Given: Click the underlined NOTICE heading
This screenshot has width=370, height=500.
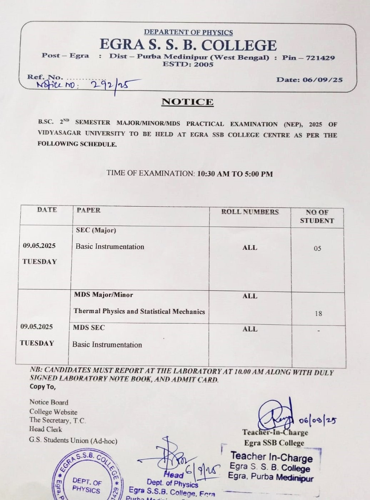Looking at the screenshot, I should point(187,102).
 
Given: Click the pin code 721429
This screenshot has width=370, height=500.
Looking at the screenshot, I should point(320,58).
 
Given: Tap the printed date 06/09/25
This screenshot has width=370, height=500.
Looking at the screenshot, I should point(322,80).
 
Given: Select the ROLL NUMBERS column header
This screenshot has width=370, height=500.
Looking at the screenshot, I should point(250,212).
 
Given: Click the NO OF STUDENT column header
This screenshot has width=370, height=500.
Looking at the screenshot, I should point(317,217).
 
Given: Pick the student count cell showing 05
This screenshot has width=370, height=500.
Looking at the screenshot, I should point(317,248).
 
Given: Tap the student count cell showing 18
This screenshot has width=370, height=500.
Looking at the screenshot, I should point(318,314).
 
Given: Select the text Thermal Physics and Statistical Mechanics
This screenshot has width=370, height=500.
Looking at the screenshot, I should point(139,311).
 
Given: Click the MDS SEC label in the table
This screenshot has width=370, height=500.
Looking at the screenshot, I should point(89,327).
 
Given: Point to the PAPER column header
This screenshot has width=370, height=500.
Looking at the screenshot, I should point(88,210).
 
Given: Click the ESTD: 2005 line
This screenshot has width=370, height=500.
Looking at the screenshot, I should point(188,65).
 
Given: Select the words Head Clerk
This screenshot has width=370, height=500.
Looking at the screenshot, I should point(46,429).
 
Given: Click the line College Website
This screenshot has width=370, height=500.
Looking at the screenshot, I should point(53,412).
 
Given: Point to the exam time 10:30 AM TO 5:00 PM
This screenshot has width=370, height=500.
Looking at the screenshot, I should point(235,174).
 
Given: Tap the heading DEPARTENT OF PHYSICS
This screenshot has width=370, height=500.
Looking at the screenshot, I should point(188,33).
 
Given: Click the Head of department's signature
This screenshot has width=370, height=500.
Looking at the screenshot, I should point(170,456).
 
